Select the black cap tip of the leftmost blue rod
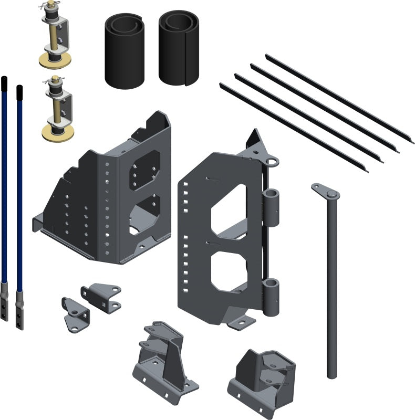click(5, 82)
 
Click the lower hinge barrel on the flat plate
click(272, 296)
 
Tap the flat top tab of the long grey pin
click(326, 192)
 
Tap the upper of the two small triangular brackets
click(101, 297)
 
